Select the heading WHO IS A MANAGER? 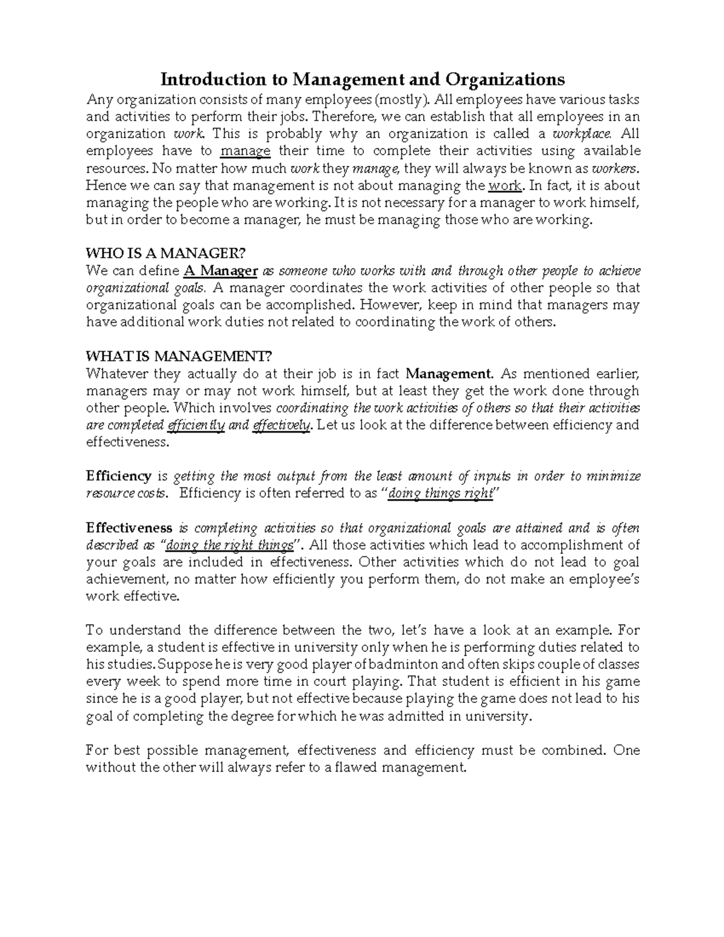tap(167, 252)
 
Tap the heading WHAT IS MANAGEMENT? tap(176, 356)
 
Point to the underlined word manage tap(246, 151)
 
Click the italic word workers tap(616, 168)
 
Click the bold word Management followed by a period tap(450, 373)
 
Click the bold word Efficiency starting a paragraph tap(118, 476)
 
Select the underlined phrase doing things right tap(440, 494)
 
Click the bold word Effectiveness tap(129, 528)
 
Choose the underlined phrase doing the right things tap(229, 545)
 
